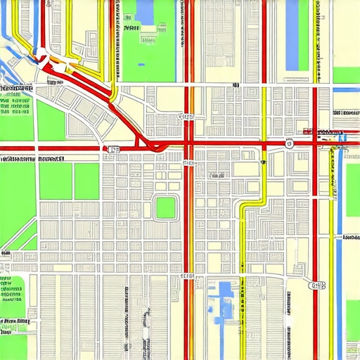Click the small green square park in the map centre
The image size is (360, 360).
tap(166, 207)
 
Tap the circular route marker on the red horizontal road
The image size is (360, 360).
tap(289, 143)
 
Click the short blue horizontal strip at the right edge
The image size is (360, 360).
tap(346, 90)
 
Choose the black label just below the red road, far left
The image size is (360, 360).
tap(32, 159)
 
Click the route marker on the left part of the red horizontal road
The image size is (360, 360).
tap(112, 148)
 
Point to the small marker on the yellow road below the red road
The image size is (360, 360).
tap(262, 162)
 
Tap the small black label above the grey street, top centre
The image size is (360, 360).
tap(234, 85)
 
